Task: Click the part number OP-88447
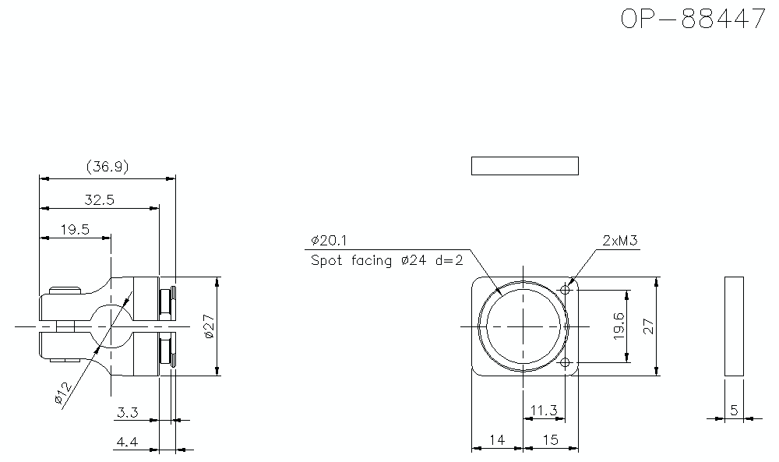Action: (693, 19)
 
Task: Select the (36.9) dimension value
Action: (108, 167)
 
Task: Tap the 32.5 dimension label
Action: (100, 199)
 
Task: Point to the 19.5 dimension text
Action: (75, 230)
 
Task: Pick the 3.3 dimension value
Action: (128, 412)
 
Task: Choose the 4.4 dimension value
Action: (127, 442)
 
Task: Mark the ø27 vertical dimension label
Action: (209, 326)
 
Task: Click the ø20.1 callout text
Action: (329, 241)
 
